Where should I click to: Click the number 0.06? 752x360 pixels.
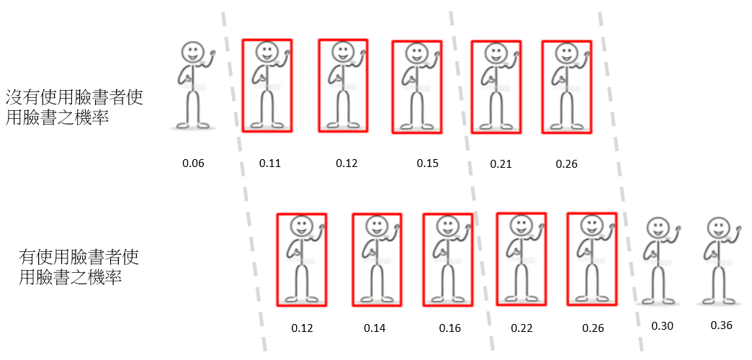point(193,163)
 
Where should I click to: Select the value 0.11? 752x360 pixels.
point(270,163)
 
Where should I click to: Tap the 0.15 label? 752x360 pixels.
point(427,163)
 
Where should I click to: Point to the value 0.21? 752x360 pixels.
point(501,164)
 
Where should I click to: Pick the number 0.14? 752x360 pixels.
point(375,328)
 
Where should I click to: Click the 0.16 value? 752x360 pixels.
point(450,328)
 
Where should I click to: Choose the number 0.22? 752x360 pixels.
point(522,328)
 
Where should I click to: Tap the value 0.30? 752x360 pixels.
point(662,326)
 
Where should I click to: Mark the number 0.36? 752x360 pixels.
point(721,325)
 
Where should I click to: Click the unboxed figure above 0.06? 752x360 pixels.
point(194,86)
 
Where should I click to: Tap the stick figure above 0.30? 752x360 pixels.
point(658,261)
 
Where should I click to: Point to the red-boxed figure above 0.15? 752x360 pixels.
point(417,86)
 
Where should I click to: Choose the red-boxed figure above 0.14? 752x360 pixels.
point(377,260)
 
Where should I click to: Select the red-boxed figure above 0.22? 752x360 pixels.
point(521,259)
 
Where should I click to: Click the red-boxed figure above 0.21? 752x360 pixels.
point(496,86)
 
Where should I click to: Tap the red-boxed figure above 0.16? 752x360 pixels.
point(447,260)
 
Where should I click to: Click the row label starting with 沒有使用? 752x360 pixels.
point(74,107)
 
